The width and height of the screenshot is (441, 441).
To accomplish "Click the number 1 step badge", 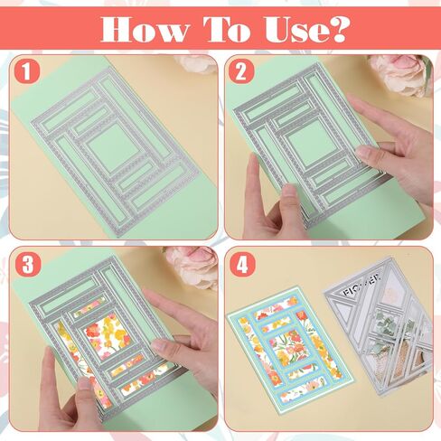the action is pyautogui.click(x=27, y=71).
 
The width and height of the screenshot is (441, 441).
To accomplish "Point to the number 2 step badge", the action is pyautogui.click(x=241, y=71).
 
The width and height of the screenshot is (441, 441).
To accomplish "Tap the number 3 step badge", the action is pyautogui.click(x=27, y=264).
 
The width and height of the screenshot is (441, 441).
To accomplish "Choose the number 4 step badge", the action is pyautogui.click(x=242, y=264).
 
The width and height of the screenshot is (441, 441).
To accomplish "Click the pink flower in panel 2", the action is pyautogui.click(x=399, y=74).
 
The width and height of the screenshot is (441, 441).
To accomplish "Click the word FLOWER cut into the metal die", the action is pyautogui.click(x=361, y=284).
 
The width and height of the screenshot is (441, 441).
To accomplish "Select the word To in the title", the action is pyautogui.click(x=226, y=29).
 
